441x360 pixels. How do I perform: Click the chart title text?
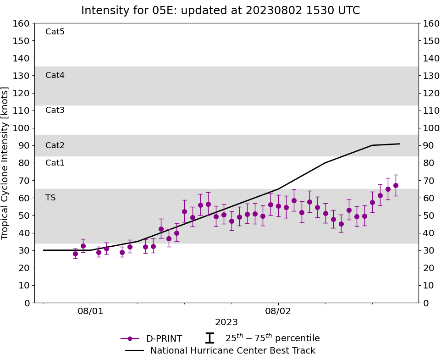(x=220, y=11)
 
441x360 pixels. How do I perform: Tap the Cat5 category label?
(x=55, y=32)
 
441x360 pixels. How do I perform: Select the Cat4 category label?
(x=55, y=75)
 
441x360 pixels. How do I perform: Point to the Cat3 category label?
(x=55, y=110)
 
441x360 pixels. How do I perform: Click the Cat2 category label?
(x=55, y=145)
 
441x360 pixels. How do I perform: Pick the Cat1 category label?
(x=55, y=163)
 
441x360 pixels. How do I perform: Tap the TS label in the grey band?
(x=50, y=198)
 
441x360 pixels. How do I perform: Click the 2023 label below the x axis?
(x=226, y=322)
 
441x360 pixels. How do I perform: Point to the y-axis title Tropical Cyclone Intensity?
(x=6, y=163)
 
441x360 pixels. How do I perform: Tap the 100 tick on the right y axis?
(x=431, y=128)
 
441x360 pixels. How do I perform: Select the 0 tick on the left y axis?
(x=27, y=303)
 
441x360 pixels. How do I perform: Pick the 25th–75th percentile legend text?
(x=272, y=338)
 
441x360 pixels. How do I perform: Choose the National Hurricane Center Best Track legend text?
(x=233, y=351)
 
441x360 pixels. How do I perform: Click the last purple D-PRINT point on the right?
(x=396, y=185)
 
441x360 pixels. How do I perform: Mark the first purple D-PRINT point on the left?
(x=75, y=254)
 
